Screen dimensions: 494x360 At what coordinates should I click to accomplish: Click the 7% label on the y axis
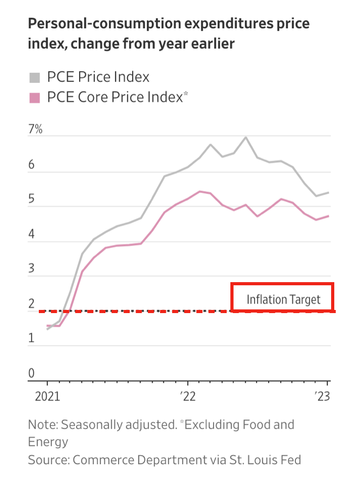[35, 129]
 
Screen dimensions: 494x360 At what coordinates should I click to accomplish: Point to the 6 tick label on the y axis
[31, 165]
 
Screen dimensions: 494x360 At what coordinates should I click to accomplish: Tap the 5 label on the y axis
[31, 200]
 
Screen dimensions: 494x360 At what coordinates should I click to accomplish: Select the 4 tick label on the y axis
[31, 234]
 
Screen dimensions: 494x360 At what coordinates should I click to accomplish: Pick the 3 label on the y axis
[31, 269]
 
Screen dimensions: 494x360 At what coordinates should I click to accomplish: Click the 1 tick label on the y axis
[31, 338]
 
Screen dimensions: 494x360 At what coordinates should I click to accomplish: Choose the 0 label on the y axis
[31, 373]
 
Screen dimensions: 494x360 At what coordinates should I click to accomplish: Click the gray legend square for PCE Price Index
[35, 78]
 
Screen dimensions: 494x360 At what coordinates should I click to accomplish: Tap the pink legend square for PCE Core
[35, 98]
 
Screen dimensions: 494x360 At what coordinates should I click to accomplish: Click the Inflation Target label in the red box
[283, 299]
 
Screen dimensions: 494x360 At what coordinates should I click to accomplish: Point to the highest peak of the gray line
[246, 137]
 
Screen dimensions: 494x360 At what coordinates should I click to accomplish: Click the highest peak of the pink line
[200, 191]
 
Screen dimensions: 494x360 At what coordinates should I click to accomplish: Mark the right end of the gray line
[329, 192]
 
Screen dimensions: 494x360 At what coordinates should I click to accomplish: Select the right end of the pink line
[329, 216]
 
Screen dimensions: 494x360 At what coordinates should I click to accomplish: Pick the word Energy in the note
[48, 442]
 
